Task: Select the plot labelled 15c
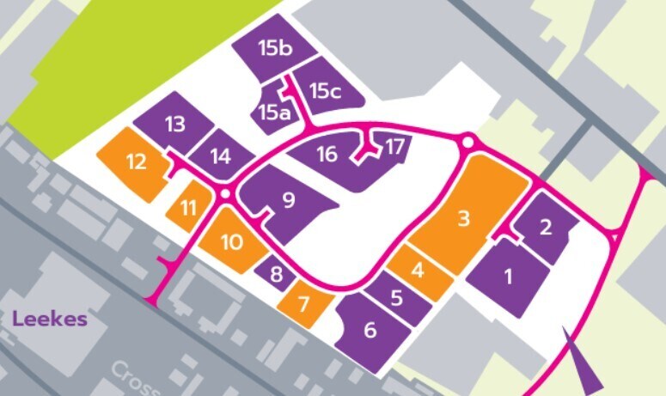(x=325, y=90)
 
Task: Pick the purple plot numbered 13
(x=174, y=124)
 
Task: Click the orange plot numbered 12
(x=136, y=161)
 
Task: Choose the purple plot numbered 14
(x=221, y=156)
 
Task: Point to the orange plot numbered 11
(x=188, y=207)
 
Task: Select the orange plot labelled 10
(x=232, y=241)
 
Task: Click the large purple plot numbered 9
(x=289, y=201)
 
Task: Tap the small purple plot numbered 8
(x=275, y=275)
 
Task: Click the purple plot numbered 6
(x=370, y=331)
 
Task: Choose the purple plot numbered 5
(x=396, y=299)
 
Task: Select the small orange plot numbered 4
(x=419, y=271)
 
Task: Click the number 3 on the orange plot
(x=463, y=218)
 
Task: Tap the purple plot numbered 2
(x=545, y=228)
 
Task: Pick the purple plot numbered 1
(x=508, y=277)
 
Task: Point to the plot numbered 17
(x=394, y=147)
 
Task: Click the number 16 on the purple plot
(x=327, y=155)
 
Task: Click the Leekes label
(x=50, y=320)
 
